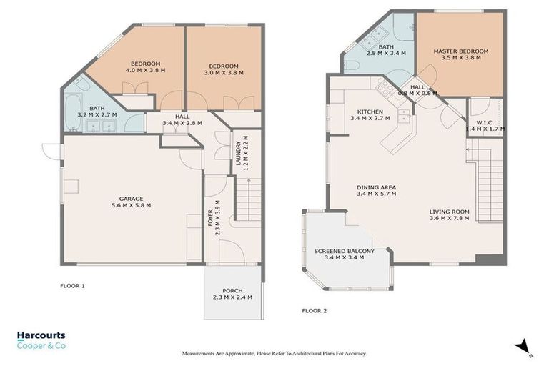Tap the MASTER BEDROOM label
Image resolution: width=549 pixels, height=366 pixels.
pyautogui.click(x=461, y=51)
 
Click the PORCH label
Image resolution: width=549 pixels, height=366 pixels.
pyautogui.click(x=232, y=290)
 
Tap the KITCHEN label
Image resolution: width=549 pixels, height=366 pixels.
pyautogui.click(x=370, y=112)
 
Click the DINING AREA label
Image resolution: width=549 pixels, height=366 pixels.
pyautogui.click(x=377, y=188)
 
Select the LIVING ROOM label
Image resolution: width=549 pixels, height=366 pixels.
pyautogui.click(x=449, y=212)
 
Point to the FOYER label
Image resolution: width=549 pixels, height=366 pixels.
pyautogui.click(x=209, y=214)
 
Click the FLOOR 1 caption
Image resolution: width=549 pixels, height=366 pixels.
pyautogui.click(x=72, y=285)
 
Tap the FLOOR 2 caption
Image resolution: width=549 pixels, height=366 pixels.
pyautogui.click(x=314, y=310)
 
